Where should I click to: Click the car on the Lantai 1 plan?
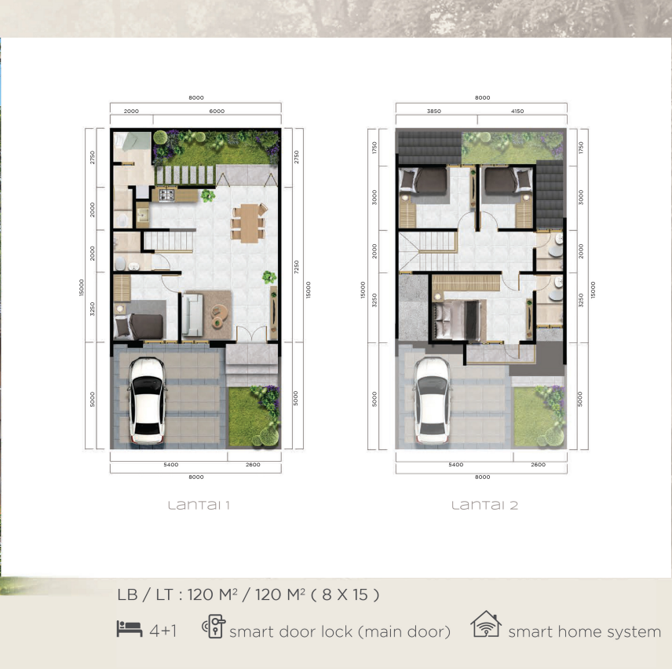click(147, 400)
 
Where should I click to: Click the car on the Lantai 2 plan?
click(432, 400)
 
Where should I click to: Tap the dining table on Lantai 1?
click(249, 223)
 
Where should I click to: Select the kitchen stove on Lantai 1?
click(166, 195)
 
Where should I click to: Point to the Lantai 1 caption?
click(199, 506)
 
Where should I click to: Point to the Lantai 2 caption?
click(484, 506)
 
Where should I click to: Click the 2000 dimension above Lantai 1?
click(131, 111)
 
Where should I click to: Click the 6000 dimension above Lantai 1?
click(217, 111)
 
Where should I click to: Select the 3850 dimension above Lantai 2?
click(433, 111)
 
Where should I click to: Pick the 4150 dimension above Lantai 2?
click(517, 111)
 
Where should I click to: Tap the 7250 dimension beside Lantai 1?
click(296, 267)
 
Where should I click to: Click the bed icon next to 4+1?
click(130, 629)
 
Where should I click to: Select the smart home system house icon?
click(486, 624)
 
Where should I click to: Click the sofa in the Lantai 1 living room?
click(192, 315)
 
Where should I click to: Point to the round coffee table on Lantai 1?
click(220, 316)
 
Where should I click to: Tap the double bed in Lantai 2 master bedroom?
click(457, 320)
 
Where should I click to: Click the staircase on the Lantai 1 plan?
click(169, 241)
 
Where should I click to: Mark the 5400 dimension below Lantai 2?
click(455, 465)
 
